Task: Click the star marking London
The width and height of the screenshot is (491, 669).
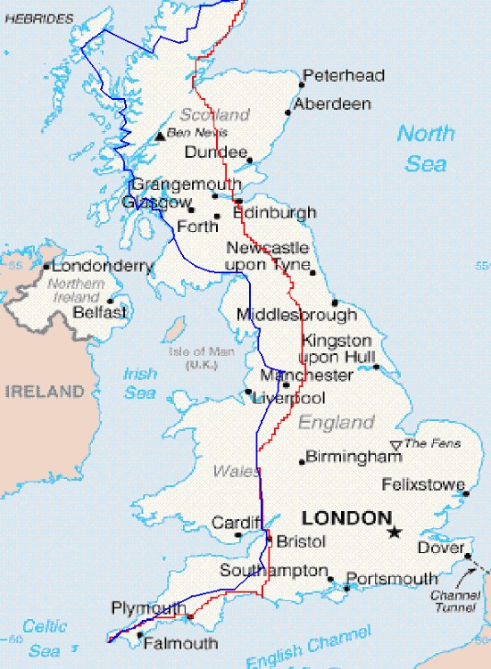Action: coord(394,533)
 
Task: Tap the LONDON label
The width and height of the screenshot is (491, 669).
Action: coord(346,517)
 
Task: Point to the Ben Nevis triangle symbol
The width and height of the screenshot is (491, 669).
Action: coord(161,136)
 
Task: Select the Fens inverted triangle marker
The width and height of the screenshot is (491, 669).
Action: coord(396,445)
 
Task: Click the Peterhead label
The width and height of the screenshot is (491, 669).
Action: coord(344,76)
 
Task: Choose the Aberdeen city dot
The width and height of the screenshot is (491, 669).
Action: coord(287,113)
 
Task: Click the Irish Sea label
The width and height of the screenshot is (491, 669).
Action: coord(141,384)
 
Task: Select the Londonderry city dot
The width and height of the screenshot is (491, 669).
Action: coord(46,266)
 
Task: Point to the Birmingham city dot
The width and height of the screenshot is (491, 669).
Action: coord(301,461)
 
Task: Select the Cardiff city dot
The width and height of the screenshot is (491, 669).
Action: coord(238,535)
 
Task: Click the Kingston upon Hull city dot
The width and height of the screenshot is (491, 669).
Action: coord(376,366)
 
